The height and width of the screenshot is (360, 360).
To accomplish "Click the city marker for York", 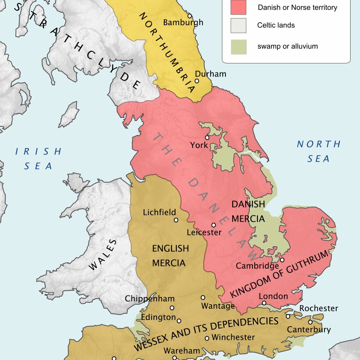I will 207,137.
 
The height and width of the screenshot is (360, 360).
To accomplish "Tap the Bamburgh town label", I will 183,22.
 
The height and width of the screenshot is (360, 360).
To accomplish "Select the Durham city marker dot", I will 197,81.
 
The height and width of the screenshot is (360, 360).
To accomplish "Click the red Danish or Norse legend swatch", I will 238,8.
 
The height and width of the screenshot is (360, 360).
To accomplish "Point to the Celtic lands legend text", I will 276,25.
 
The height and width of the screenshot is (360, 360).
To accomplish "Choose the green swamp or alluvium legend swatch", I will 238,46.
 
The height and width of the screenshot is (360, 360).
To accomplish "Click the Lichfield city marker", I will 176,220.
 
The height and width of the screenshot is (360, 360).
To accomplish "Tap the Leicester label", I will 204,233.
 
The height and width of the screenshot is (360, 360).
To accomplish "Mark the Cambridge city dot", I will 282,260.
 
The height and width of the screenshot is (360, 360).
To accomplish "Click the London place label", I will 273,296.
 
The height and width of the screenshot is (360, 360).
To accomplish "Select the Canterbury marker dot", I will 310,322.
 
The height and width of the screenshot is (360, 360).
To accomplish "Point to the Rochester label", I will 319,308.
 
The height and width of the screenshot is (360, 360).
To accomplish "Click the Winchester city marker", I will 207,338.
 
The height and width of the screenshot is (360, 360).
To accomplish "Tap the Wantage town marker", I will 203,297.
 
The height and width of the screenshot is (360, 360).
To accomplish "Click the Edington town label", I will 158,317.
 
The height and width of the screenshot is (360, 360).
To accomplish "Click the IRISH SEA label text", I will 38,158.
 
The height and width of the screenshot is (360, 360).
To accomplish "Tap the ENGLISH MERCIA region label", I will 170,256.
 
